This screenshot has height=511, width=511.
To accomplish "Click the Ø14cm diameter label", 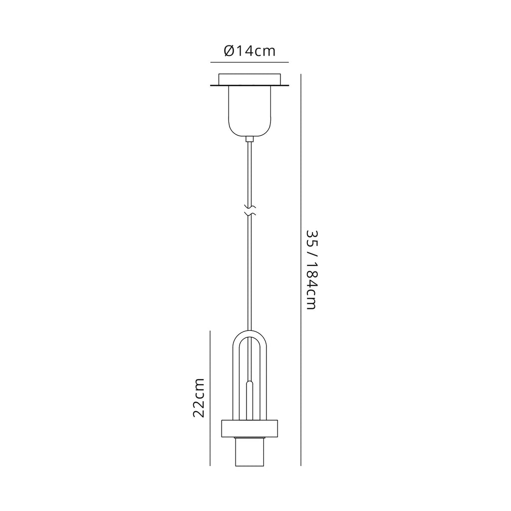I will pyautogui.click(x=250, y=51).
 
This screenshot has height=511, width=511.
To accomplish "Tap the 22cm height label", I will pyautogui.click(x=199, y=398).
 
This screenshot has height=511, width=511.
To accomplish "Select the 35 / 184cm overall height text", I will pyautogui.click(x=310, y=270).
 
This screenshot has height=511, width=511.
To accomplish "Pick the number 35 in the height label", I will pyautogui.click(x=310, y=238).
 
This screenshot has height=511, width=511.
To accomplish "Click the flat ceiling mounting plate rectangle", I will pyautogui.click(x=250, y=80).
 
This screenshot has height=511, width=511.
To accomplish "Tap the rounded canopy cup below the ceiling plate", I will pyautogui.click(x=250, y=112).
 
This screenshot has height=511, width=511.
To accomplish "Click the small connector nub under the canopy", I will pyautogui.click(x=250, y=139).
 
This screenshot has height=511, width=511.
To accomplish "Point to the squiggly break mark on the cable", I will pyautogui.click(x=250, y=210).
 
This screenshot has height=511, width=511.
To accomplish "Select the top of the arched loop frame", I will pyautogui.click(x=250, y=332).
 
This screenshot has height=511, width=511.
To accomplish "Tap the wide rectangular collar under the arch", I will pyautogui.click(x=250, y=428).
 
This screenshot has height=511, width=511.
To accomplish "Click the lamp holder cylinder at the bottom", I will pyautogui.click(x=250, y=452).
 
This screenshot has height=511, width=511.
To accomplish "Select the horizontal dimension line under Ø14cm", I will pyautogui.click(x=250, y=62).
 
